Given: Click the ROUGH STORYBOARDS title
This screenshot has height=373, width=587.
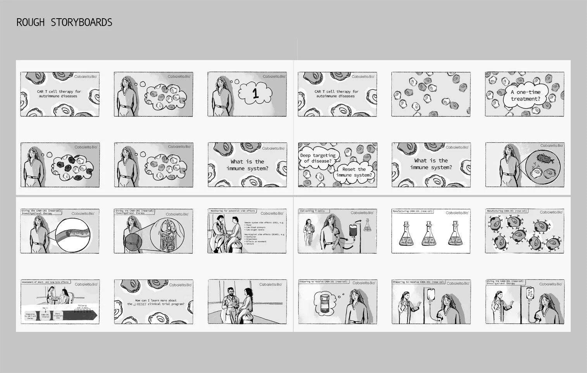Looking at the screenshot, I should pos(64,22).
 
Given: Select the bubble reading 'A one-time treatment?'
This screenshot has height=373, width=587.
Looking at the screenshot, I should pos(525,95).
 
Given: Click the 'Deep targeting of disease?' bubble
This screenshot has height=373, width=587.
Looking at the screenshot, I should pos(318,158).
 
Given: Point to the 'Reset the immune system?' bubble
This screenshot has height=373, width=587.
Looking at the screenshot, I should pos(354,172).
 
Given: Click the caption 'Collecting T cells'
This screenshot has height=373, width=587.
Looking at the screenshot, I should pos(312,211).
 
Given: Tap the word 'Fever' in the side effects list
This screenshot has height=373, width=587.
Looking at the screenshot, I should pos(249,225).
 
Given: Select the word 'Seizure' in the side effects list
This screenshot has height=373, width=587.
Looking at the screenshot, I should pos(250,244).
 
